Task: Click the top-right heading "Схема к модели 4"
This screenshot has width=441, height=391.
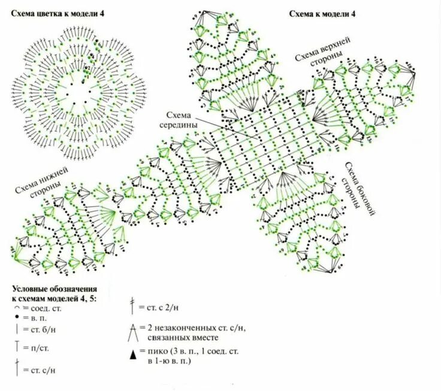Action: (322, 13)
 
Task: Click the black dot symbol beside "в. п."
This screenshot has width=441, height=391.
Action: (18, 318)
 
